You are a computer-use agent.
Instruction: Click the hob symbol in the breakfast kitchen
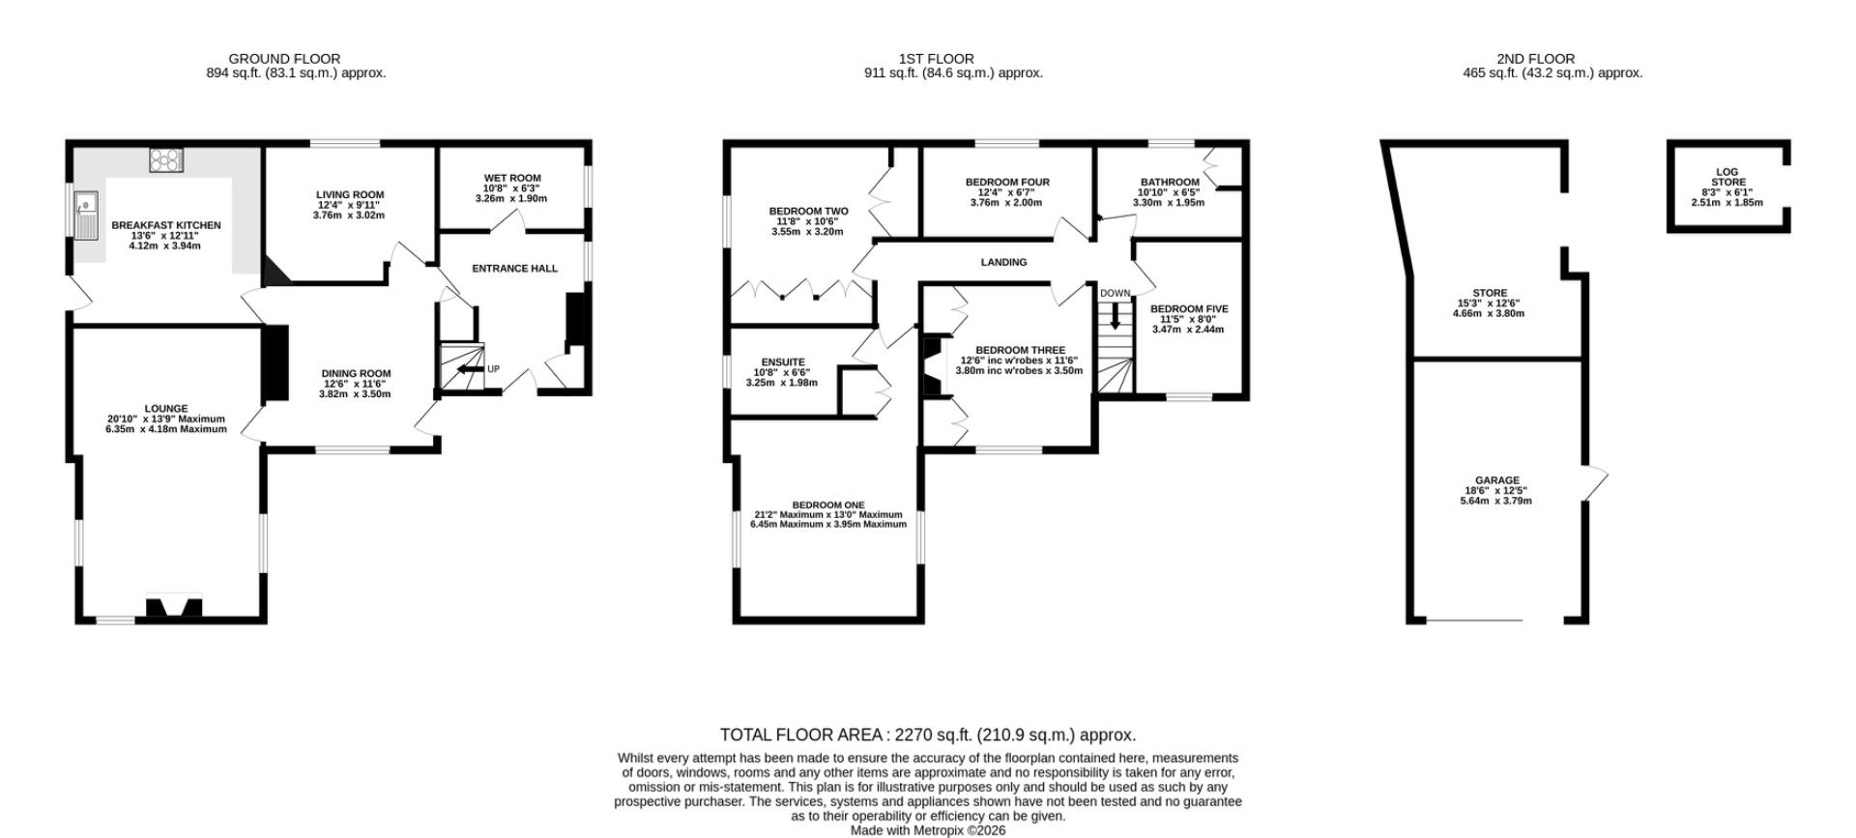(166, 160)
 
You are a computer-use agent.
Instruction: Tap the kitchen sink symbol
(87, 216)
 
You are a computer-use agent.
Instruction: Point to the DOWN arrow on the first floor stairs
(1115, 317)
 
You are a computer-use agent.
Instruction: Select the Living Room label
(349, 195)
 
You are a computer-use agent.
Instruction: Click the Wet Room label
(512, 179)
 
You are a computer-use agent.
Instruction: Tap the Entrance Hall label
(514, 269)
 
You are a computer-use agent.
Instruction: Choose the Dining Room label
(356, 374)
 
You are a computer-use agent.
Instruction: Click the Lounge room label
(166, 409)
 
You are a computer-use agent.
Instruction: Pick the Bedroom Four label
(1007, 183)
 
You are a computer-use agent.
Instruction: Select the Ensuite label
(783, 362)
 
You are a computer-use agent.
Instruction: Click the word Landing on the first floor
(1003, 262)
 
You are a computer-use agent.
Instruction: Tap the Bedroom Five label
(1189, 309)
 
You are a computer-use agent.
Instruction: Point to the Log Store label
(1727, 177)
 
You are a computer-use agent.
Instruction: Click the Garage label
(1496, 480)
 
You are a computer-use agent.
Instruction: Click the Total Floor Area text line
(928, 735)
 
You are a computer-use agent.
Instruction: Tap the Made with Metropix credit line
(928, 830)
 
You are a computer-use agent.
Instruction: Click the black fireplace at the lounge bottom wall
(174, 607)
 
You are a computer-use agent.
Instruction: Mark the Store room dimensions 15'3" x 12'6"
(1489, 303)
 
